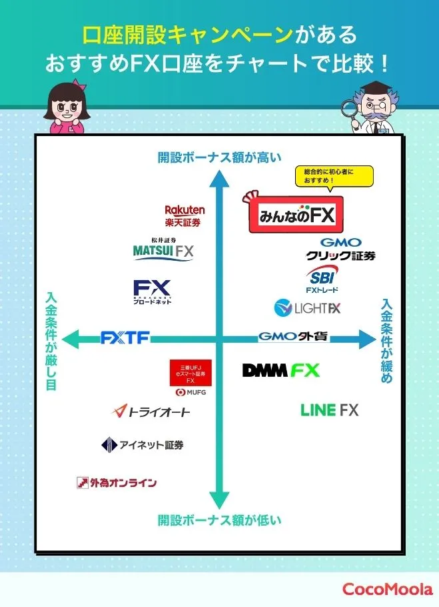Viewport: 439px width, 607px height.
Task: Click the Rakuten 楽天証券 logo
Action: [185, 215]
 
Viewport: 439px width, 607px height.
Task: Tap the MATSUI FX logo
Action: [163, 250]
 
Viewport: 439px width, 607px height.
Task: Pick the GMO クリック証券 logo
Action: [340, 249]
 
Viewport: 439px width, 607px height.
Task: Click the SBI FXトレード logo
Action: [322, 279]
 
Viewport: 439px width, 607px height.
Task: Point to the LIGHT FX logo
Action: [308, 308]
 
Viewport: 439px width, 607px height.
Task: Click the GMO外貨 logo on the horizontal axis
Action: [293, 337]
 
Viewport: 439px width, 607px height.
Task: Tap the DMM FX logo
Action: [280, 370]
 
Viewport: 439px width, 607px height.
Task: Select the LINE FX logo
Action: [329, 410]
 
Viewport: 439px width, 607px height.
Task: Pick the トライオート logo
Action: [151, 412]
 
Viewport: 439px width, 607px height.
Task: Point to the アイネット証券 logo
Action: [142, 445]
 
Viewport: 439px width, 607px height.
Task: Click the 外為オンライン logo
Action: [117, 482]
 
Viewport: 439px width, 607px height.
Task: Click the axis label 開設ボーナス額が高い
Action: [219, 157]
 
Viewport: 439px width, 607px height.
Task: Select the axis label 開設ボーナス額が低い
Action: [219, 520]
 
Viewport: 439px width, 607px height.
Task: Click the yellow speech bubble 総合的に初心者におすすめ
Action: [334, 175]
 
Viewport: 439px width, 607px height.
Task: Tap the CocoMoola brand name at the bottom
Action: [387, 589]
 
